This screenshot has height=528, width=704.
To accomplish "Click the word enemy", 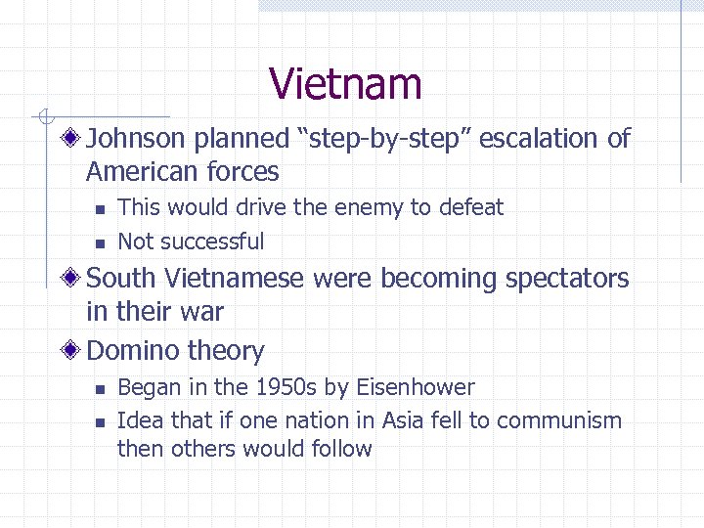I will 372,207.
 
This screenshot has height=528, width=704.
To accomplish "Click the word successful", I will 212,241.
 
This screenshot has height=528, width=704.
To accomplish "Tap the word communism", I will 558,420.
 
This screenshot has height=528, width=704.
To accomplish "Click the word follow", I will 340,450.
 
